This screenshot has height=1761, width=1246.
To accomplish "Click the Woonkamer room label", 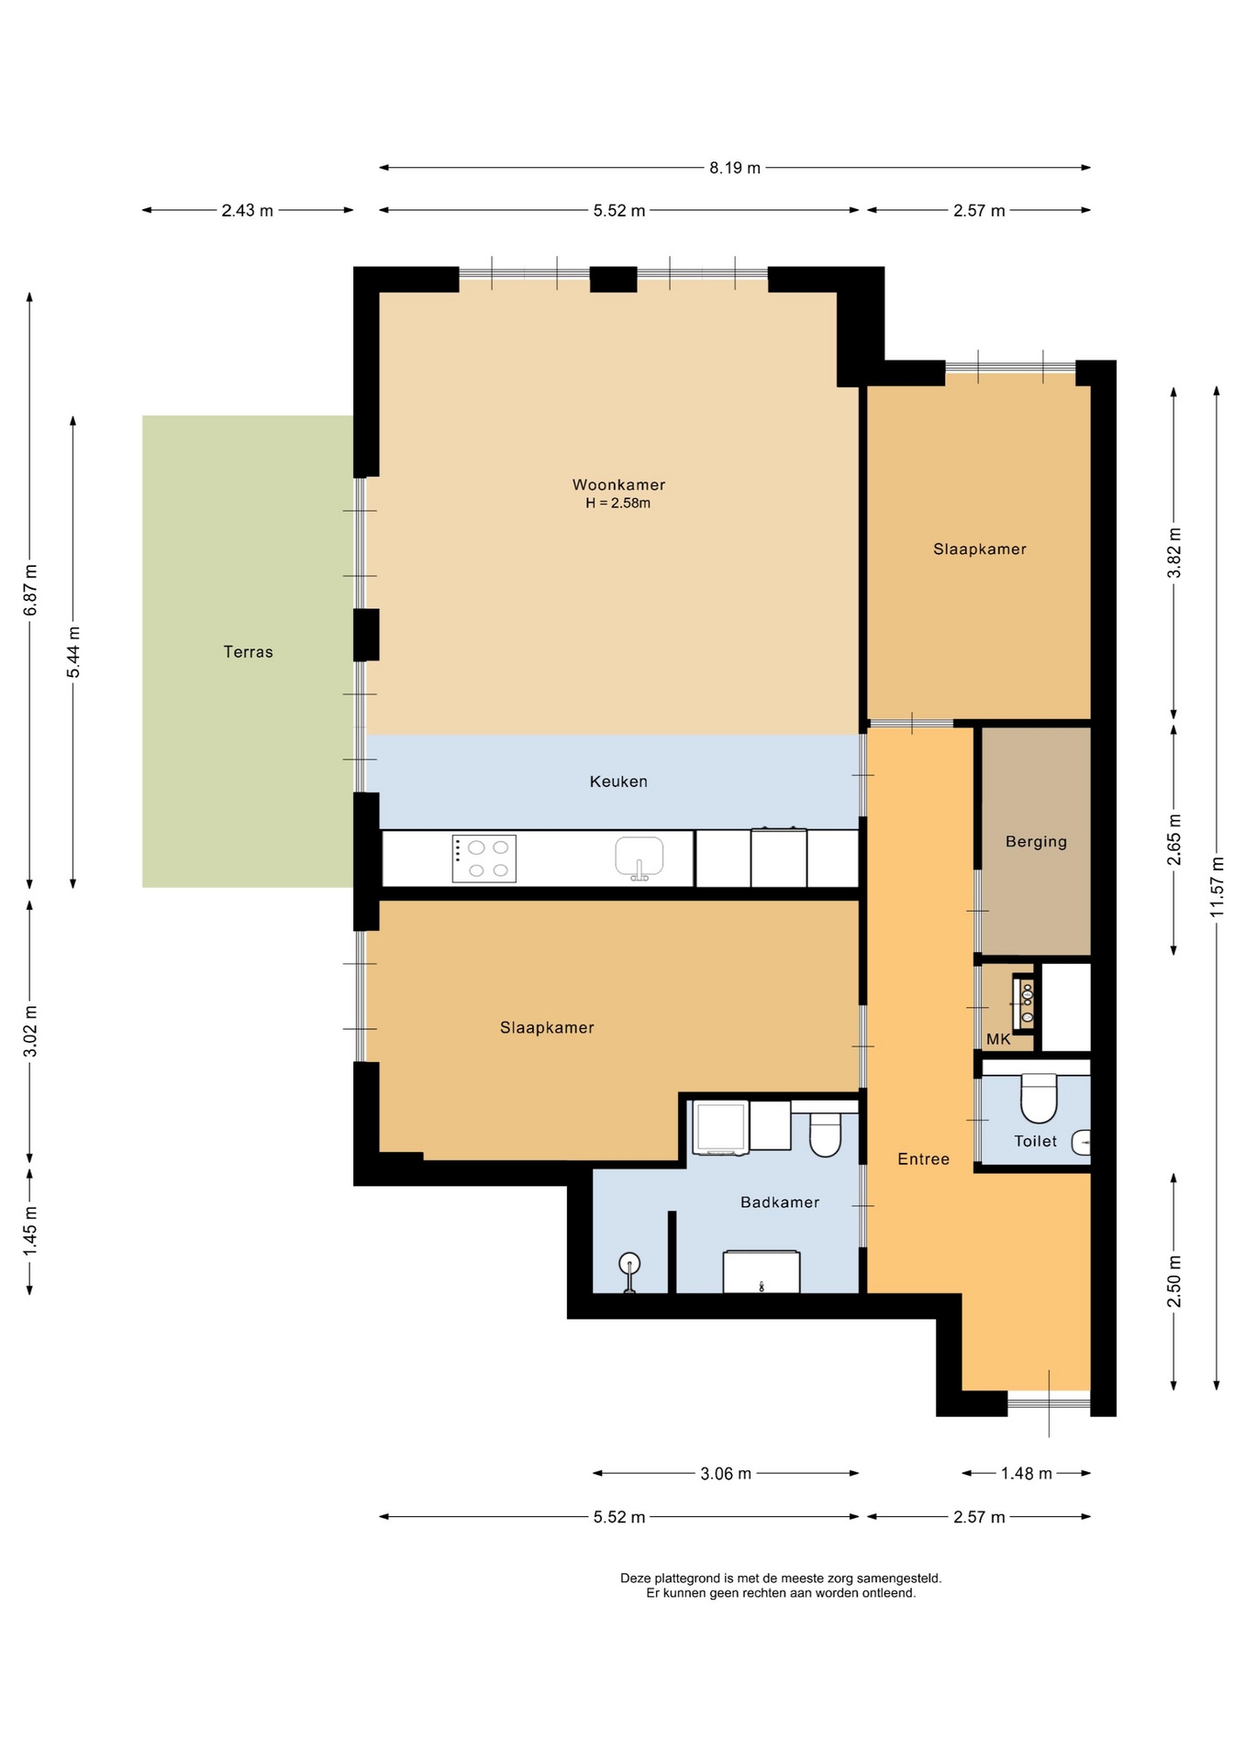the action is [x=618, y=484].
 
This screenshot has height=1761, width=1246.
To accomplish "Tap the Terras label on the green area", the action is [x=248, y=652].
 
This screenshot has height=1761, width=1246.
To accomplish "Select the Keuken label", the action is [x=618, y=781].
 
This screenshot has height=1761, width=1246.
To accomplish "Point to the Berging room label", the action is [x=1036, y=842].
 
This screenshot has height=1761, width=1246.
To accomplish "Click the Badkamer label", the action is [x=780, y=1202].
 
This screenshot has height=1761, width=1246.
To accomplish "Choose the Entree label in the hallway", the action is [x=923, y=1159].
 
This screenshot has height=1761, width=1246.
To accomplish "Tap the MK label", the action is [x=998, y=1039].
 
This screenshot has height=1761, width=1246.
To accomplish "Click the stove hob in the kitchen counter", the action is [x=484, y=858].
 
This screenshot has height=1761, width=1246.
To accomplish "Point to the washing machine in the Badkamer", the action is [x=720, y=1127].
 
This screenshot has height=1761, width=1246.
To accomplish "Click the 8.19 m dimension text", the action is [x=735, y=168].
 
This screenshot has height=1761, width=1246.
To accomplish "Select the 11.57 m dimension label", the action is [x=1217, y=887].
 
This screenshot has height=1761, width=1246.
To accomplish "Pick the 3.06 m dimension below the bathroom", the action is [x=726, y=1474].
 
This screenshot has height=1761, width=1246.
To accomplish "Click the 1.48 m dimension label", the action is [x=1026, y=1474].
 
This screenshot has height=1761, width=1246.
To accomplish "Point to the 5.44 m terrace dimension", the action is [x=73, y=652].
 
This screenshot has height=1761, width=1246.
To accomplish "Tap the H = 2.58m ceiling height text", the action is [x=618, y=504].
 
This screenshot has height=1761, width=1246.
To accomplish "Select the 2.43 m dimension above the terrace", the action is [x=247, y=211].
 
